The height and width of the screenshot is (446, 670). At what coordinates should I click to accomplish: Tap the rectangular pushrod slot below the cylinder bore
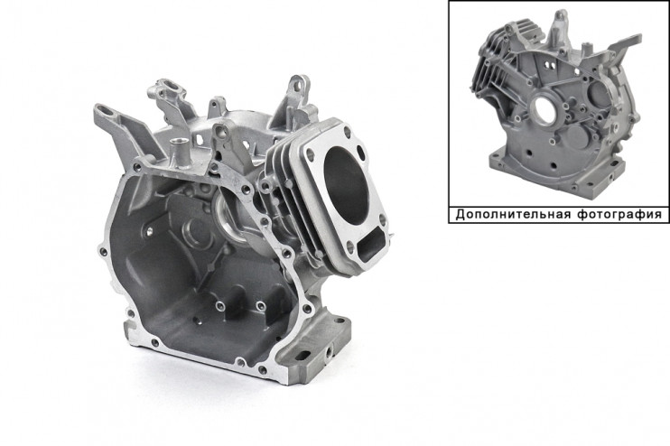pos(370,243)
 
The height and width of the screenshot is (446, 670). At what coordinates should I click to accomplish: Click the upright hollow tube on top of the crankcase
pos(177,152)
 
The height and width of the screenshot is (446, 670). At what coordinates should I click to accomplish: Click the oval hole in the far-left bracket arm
pos(107,112)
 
